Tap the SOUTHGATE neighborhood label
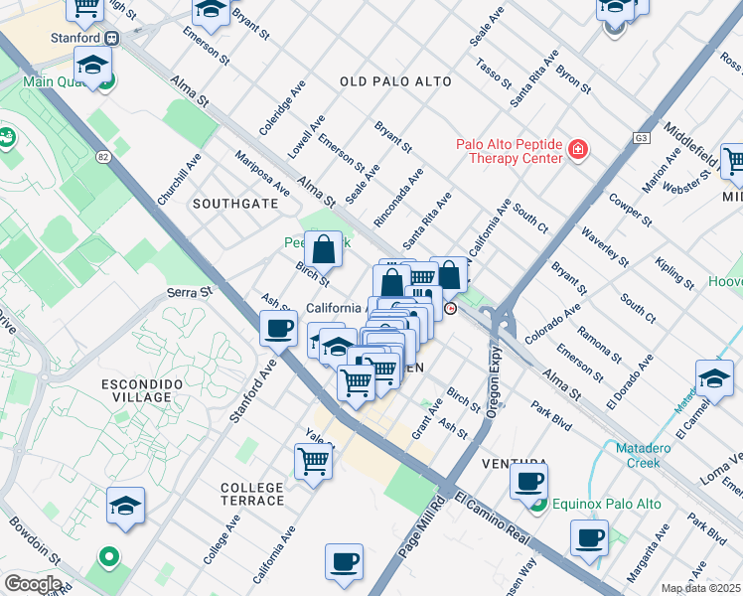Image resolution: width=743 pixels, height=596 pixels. tap(235, 203)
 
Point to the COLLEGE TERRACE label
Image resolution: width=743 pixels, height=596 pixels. tap(252, 494)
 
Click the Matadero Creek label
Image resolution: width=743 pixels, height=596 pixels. tap(651, 455)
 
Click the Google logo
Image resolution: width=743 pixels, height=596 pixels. tap(32, 584)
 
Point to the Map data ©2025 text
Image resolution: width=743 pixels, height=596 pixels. tap(700, 588)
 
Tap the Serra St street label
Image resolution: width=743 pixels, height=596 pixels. tap(190, 292)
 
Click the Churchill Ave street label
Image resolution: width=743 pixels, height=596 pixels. tap(179, 179)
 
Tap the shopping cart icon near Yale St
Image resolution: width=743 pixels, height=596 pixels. tap(313, 460)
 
